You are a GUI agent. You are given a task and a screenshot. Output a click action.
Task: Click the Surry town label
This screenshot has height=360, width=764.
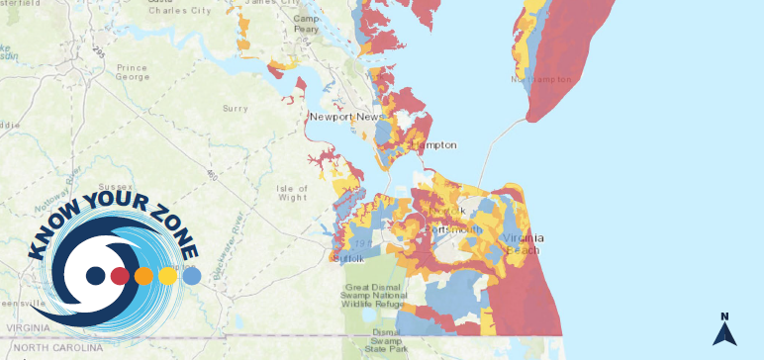236,108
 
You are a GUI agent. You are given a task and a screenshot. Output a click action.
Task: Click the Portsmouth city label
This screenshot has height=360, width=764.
453,229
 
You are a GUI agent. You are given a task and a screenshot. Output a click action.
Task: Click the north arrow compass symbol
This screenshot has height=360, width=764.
724,330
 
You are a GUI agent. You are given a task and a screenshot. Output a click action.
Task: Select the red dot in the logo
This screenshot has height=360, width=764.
120,275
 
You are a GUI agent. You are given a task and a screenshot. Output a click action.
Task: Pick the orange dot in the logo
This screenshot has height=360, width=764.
144,275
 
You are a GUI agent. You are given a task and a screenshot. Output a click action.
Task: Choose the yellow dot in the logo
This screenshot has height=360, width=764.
168,275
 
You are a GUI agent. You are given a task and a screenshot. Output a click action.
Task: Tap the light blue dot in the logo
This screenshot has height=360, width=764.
192,274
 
